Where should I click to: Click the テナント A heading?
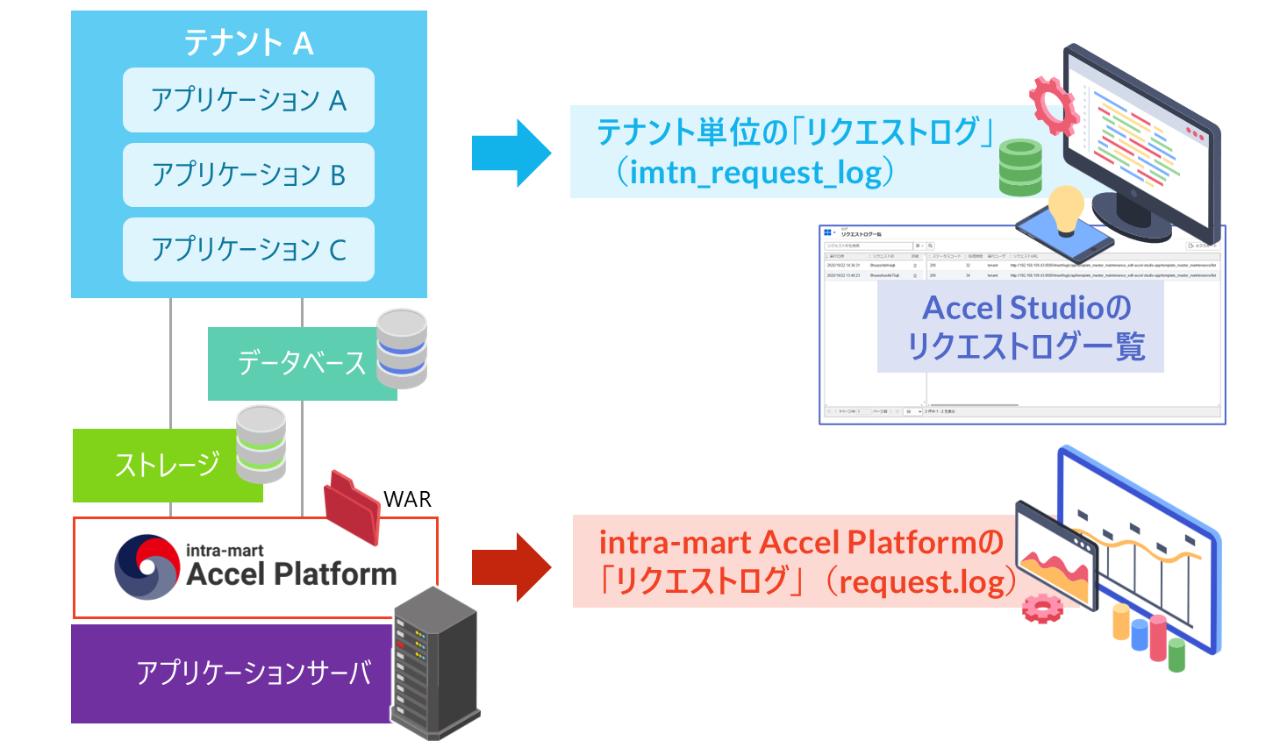pos(248,42)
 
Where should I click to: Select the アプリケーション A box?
pos(248,100)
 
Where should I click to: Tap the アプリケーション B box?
pos(248,175)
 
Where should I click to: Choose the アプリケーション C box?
pos(248,249)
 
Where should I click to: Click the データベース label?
pos(301,363)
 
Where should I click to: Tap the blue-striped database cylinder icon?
pos(402,348)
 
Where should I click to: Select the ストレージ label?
pos(167,465)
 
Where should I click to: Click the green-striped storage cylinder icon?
pos(261,445)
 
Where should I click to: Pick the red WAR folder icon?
pos(352,506)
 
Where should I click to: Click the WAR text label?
pos(408,499)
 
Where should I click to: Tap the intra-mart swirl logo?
pos(147,567)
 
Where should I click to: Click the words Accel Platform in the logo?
pos(291,574)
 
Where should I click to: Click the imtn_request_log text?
pos(754,172)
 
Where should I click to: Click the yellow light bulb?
pos(1066,209)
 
